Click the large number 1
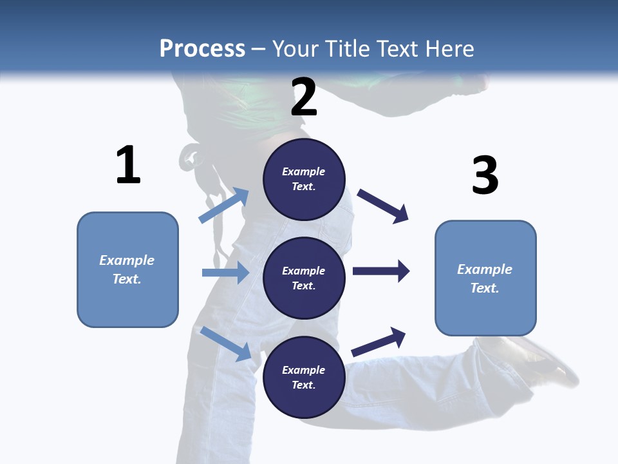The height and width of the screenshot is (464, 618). pos(128,165)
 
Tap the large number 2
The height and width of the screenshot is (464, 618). pos(304,97)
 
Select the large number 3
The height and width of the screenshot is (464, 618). pos(485,175)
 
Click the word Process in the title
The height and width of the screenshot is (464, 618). pos(202,48)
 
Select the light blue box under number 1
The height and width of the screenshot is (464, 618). pos(127,269)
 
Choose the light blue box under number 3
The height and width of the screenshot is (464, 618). pos(485,278)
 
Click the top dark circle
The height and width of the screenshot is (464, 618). pos(304,179)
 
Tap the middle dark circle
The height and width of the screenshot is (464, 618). pos(304,278)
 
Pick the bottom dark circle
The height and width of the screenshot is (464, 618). pos(304,377)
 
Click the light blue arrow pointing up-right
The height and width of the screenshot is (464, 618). pos(224,205)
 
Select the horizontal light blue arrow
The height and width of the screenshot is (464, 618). pos(225,273)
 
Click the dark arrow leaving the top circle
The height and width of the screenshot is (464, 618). pos(383,206)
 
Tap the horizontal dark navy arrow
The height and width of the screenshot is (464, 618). pos(381,271)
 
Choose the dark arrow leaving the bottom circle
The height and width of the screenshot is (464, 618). pos(379,342)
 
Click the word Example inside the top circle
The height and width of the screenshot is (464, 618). pos(304,171)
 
